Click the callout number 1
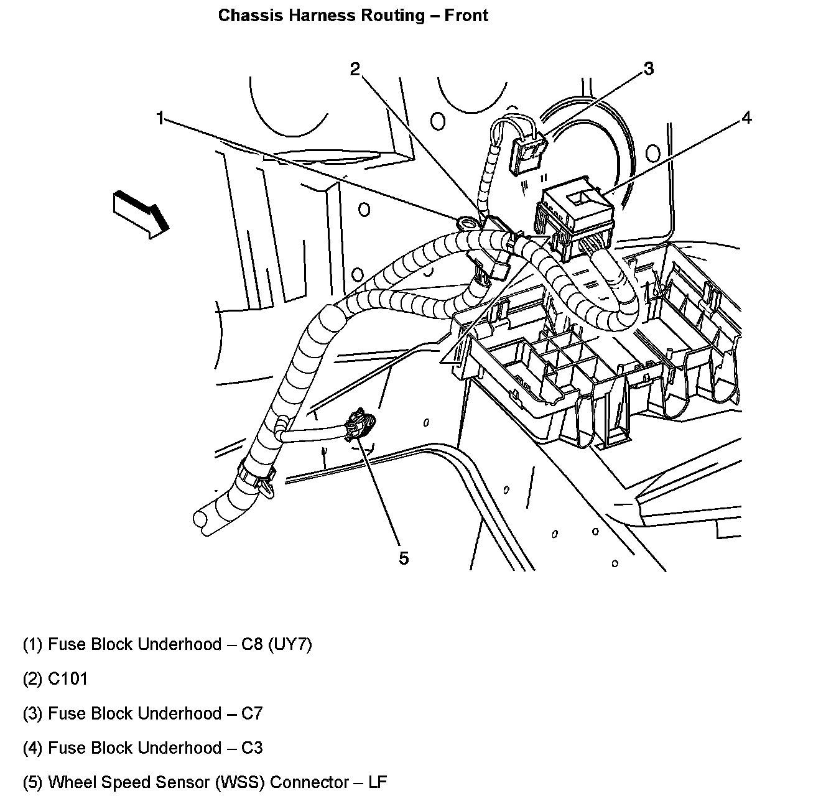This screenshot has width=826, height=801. pyautogui.click(x=160, y=118)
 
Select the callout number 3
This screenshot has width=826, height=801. pyautogui.click(x=648, y=68)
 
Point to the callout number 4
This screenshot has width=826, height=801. pyautogui.click(x=746, y=117)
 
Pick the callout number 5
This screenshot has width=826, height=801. pyautogui.click(x=404, y=558)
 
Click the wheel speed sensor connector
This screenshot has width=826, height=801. pyautogui.click(x=360, y=426)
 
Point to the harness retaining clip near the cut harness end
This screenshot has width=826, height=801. pyautogui.click(x=255, y=480)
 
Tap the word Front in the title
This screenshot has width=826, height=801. pyautogui.click(x=466, y=16)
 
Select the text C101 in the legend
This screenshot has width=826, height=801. pyautogui.click(x=68, y=678)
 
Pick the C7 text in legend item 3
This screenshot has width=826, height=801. pyautogui.click(x=252, y=713)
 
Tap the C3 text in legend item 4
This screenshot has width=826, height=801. pyautogui.click(x=252, y=748)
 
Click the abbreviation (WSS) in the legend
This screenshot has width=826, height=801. pyautogui.click(x=240, y=782)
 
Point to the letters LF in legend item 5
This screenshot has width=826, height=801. pyautogui.click(x=378, y=782)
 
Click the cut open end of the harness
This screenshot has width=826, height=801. pyautogui.click(x=203, y=521)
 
